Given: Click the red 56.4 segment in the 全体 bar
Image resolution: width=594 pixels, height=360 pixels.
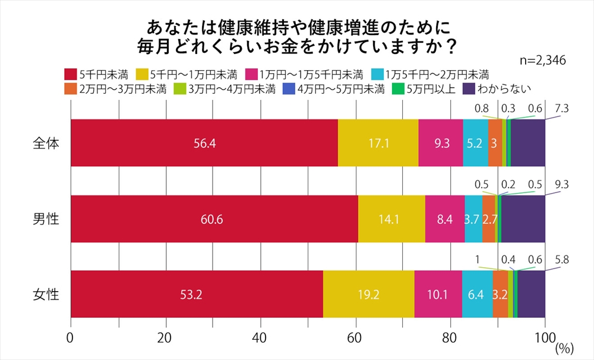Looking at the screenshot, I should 204,143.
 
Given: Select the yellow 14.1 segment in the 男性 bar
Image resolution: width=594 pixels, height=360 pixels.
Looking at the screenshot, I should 391,219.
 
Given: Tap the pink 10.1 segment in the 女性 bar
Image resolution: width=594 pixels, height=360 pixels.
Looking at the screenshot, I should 438,294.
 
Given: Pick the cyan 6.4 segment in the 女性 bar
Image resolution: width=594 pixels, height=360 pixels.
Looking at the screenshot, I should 477,294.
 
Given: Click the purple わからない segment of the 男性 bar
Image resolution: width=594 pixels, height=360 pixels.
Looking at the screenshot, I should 523,219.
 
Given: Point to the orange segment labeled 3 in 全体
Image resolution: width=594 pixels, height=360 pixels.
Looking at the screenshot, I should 495,143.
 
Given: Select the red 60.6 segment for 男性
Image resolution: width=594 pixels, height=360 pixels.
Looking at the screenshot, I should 214,219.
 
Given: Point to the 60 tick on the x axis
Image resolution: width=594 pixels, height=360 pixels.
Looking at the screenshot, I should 356,338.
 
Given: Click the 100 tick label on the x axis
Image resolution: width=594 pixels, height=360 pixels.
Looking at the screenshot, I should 545,338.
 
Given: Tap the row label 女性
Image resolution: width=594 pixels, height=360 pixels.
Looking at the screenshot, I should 46,294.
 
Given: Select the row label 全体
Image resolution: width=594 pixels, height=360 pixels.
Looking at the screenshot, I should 46,143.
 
